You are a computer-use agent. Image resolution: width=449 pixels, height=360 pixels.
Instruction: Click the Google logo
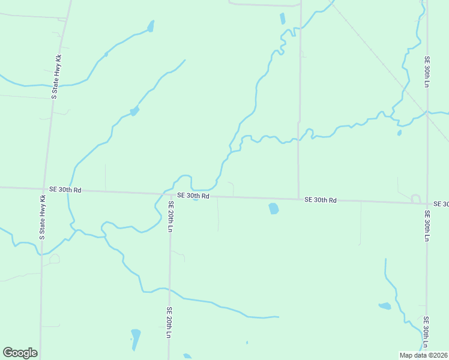point(20,353)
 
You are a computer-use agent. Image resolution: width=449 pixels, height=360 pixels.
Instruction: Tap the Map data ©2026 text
point(424,355)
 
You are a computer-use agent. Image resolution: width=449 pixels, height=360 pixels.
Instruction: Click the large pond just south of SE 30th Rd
point(273,208)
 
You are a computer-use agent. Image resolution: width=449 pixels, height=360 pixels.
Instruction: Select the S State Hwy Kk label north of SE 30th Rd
point(56,77)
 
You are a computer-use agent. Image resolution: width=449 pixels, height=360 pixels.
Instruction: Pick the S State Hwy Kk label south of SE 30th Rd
point(43,217)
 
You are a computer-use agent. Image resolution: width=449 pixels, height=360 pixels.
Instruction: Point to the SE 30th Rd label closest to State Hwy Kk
point(65,190)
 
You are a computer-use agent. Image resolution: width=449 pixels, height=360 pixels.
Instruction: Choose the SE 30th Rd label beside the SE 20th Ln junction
point(193,196)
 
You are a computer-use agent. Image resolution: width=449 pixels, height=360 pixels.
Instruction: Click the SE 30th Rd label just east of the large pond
point(320,200)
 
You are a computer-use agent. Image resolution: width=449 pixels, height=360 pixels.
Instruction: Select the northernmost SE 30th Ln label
point(427,72)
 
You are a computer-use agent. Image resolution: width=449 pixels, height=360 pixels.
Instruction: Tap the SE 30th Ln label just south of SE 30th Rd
point(427,225)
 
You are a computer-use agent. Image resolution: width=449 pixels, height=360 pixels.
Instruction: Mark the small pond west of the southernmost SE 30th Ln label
point(385,306)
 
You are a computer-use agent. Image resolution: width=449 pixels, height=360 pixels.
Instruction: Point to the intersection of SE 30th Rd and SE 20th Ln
point(169,194)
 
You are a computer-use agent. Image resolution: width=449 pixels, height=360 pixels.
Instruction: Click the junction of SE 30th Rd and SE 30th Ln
point(427,203)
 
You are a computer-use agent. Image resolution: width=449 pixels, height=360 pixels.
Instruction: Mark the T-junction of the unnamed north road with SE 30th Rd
point(298,199)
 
